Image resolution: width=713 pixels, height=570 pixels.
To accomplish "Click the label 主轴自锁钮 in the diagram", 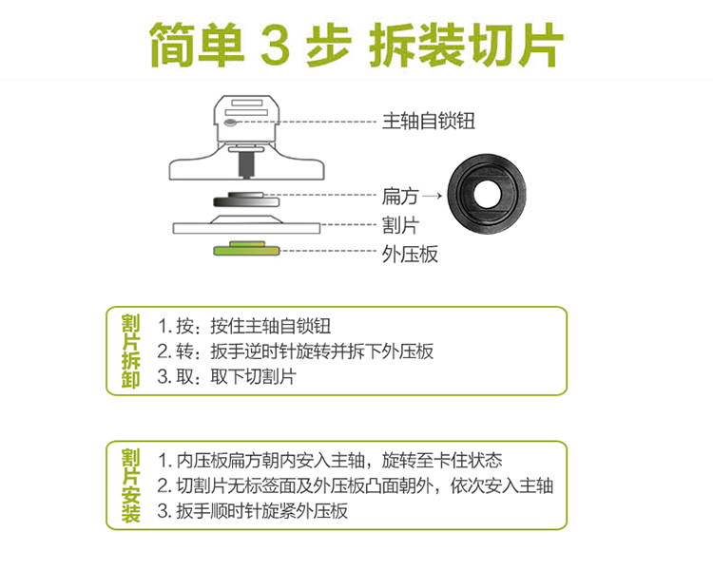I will [427, 121].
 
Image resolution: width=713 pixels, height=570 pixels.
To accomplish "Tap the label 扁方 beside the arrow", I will [399, 196].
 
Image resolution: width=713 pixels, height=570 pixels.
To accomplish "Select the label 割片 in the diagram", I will [399, 225].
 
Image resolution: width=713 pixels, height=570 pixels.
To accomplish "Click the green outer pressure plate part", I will [246, 250].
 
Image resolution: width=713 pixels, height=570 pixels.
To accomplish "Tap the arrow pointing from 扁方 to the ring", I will [433, 196].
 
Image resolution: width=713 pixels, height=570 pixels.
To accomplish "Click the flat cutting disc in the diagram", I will [246, 225].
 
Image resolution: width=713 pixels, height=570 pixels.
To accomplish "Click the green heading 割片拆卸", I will [130, 351].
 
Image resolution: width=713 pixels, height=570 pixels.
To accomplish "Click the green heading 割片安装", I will [130, 484].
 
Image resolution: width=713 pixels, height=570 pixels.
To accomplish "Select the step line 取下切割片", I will [227, 376].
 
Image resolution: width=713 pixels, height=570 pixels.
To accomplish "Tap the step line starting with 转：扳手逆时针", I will [296, 351].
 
